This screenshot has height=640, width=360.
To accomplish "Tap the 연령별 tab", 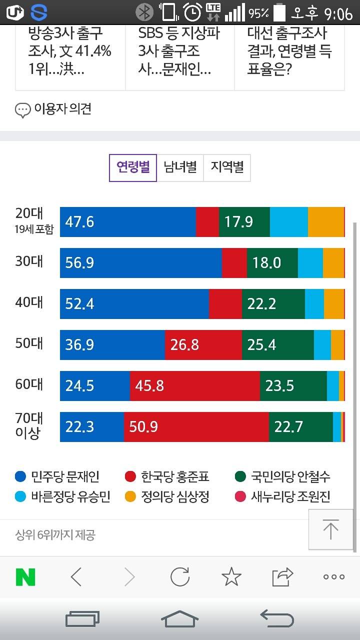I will [x=133, y=167].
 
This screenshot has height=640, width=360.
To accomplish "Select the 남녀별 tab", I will [x=180, y=167].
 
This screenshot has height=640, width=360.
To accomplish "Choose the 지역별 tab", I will [x=227, y=167].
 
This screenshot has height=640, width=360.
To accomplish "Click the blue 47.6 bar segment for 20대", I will [x=127, y=221].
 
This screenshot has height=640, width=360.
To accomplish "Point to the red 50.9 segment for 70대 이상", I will [x=196, y=427].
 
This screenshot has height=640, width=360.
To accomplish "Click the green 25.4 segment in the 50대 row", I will [x=277, y=345].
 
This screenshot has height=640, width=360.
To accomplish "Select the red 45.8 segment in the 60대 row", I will [x=194, y=386].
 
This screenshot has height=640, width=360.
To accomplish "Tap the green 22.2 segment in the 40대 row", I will [x=273, y=304].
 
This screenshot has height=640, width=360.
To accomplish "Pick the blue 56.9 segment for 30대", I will [x=140, y=263].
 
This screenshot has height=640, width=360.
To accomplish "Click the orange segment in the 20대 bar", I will [x=326, y=221].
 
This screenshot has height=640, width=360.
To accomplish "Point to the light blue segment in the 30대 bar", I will [x=310, y=263].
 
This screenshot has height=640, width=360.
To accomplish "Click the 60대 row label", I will [x=29, y=384].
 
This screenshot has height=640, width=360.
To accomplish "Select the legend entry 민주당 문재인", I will [x=57, y=476].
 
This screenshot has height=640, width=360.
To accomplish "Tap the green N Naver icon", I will [x=25, y=577].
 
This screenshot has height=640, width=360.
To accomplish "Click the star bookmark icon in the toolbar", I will [x=231, y=577].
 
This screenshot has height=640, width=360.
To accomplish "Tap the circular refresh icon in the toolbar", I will [x=180, y=577].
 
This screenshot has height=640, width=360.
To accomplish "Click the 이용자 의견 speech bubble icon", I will [x=23, y=110].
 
